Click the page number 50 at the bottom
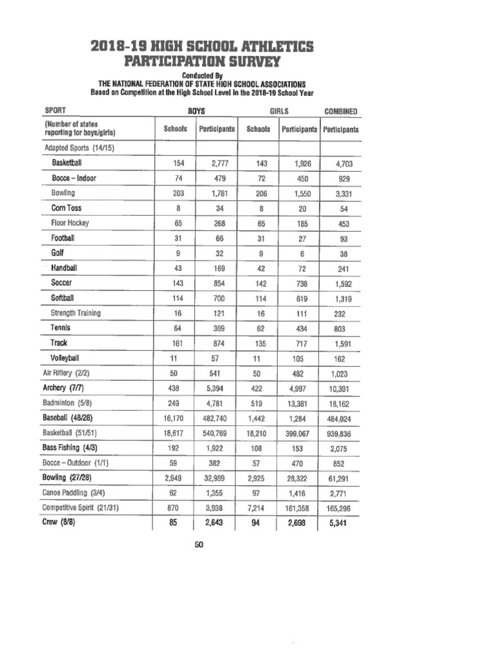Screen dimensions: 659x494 click(x=199, y=545)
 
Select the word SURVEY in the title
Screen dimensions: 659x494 click(x=254, y=62)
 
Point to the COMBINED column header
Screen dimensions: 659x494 click(x=341, y=111)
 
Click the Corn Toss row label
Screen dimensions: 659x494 click(x=66, y=208)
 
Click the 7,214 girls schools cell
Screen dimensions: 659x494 click(x=258, y=508)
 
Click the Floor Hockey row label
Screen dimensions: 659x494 click(x=70, y=223)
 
